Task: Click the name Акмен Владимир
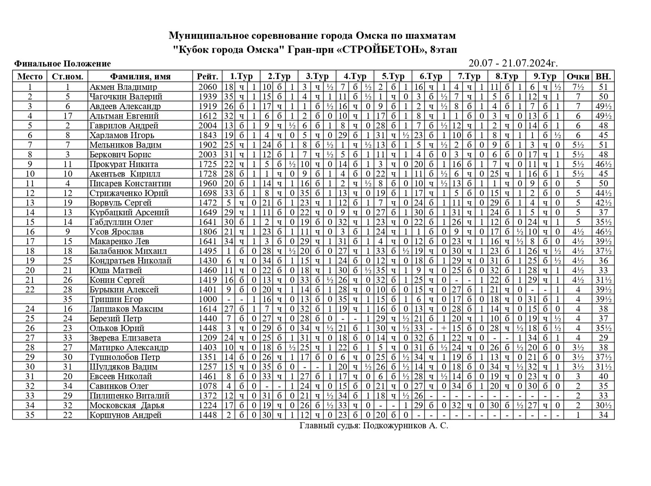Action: tap(123, 87)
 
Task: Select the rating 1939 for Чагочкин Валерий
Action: tap(207, 96)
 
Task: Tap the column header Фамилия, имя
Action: tap(140, 76)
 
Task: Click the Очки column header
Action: tap(578, 76)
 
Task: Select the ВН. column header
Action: tap(603, 76)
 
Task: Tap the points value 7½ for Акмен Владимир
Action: tap(578, 87)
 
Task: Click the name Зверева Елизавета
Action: tap(125, 338)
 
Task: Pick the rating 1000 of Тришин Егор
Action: tap(207, 299)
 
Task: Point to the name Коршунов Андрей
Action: tap(125, 415)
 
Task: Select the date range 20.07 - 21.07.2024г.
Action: tap(513, 64)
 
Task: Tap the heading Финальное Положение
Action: tap(63, 64)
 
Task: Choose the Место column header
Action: tap(30, 76)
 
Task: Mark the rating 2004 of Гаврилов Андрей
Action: tap(207, 125)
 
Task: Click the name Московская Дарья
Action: tap(127, 405)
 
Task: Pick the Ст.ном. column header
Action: tap(67, 76)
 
